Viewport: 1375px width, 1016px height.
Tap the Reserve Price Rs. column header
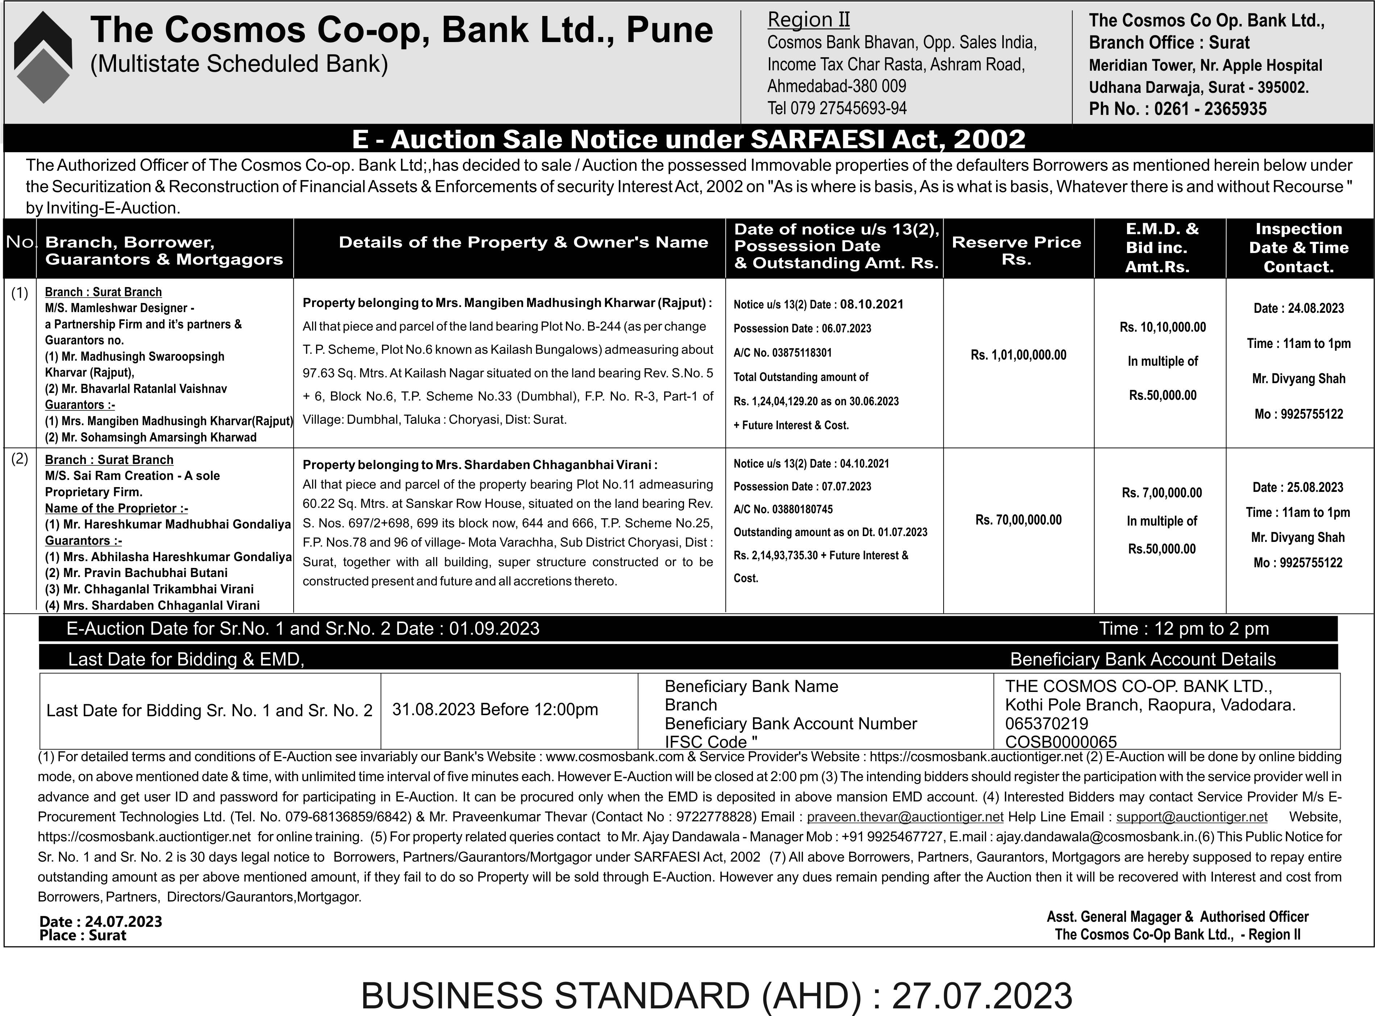(1016, 250)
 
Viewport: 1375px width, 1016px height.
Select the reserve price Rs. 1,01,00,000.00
(1018, 355)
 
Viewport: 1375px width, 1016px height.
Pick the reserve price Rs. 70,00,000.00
(1018, 520)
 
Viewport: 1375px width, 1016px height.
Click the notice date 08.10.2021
(872, 304)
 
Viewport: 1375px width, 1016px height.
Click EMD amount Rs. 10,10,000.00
(1162, 327)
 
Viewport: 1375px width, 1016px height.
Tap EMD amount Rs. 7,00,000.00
(1161, 493)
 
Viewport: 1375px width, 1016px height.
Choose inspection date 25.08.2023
(1297, 487)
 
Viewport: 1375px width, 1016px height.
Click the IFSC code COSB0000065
(1061, 742)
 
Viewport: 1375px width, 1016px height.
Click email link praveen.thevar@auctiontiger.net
(905, 817)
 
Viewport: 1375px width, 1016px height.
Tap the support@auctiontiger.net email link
(1192, 817)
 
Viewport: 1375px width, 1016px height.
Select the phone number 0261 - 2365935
(1210, 109)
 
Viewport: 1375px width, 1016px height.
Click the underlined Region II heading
(809, 20)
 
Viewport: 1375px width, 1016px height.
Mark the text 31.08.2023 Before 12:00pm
(495, 709)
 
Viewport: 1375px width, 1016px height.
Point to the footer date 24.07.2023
(123, 921)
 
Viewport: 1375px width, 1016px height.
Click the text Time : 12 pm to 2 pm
(1184, 629)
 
